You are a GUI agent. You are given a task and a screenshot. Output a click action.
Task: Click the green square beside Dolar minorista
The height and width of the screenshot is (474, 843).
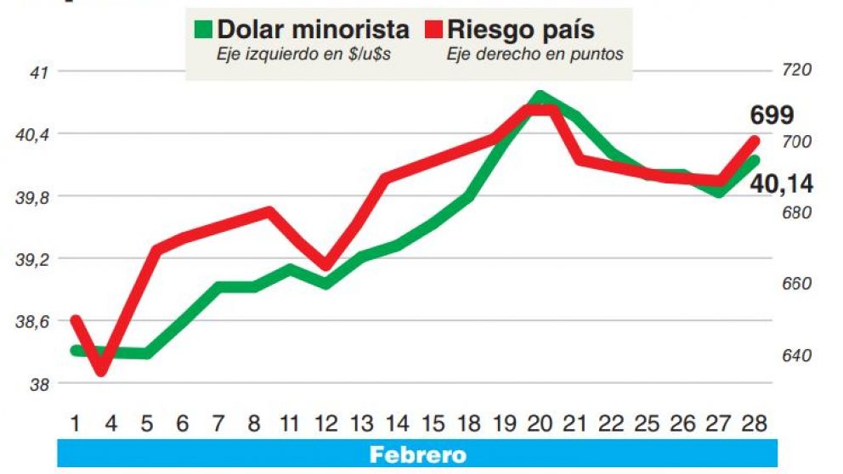click(203, 30)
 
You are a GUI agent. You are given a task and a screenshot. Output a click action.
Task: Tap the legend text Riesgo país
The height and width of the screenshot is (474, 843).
click(521, 30)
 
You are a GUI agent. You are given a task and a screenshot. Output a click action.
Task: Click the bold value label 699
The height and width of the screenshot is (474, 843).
click(772, 116)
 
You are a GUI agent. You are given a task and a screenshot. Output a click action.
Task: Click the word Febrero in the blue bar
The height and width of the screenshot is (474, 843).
click(417, 454)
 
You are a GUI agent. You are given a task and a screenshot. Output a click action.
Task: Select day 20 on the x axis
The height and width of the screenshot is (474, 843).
click(540, 422)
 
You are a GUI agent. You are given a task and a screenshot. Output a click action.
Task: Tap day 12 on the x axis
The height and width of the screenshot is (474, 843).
click(325, 422)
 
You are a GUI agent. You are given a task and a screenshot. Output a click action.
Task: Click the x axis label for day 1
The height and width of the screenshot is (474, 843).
click(76, 422)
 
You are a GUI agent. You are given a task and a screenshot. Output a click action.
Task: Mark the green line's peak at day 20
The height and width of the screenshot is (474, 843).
click(540, 96)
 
